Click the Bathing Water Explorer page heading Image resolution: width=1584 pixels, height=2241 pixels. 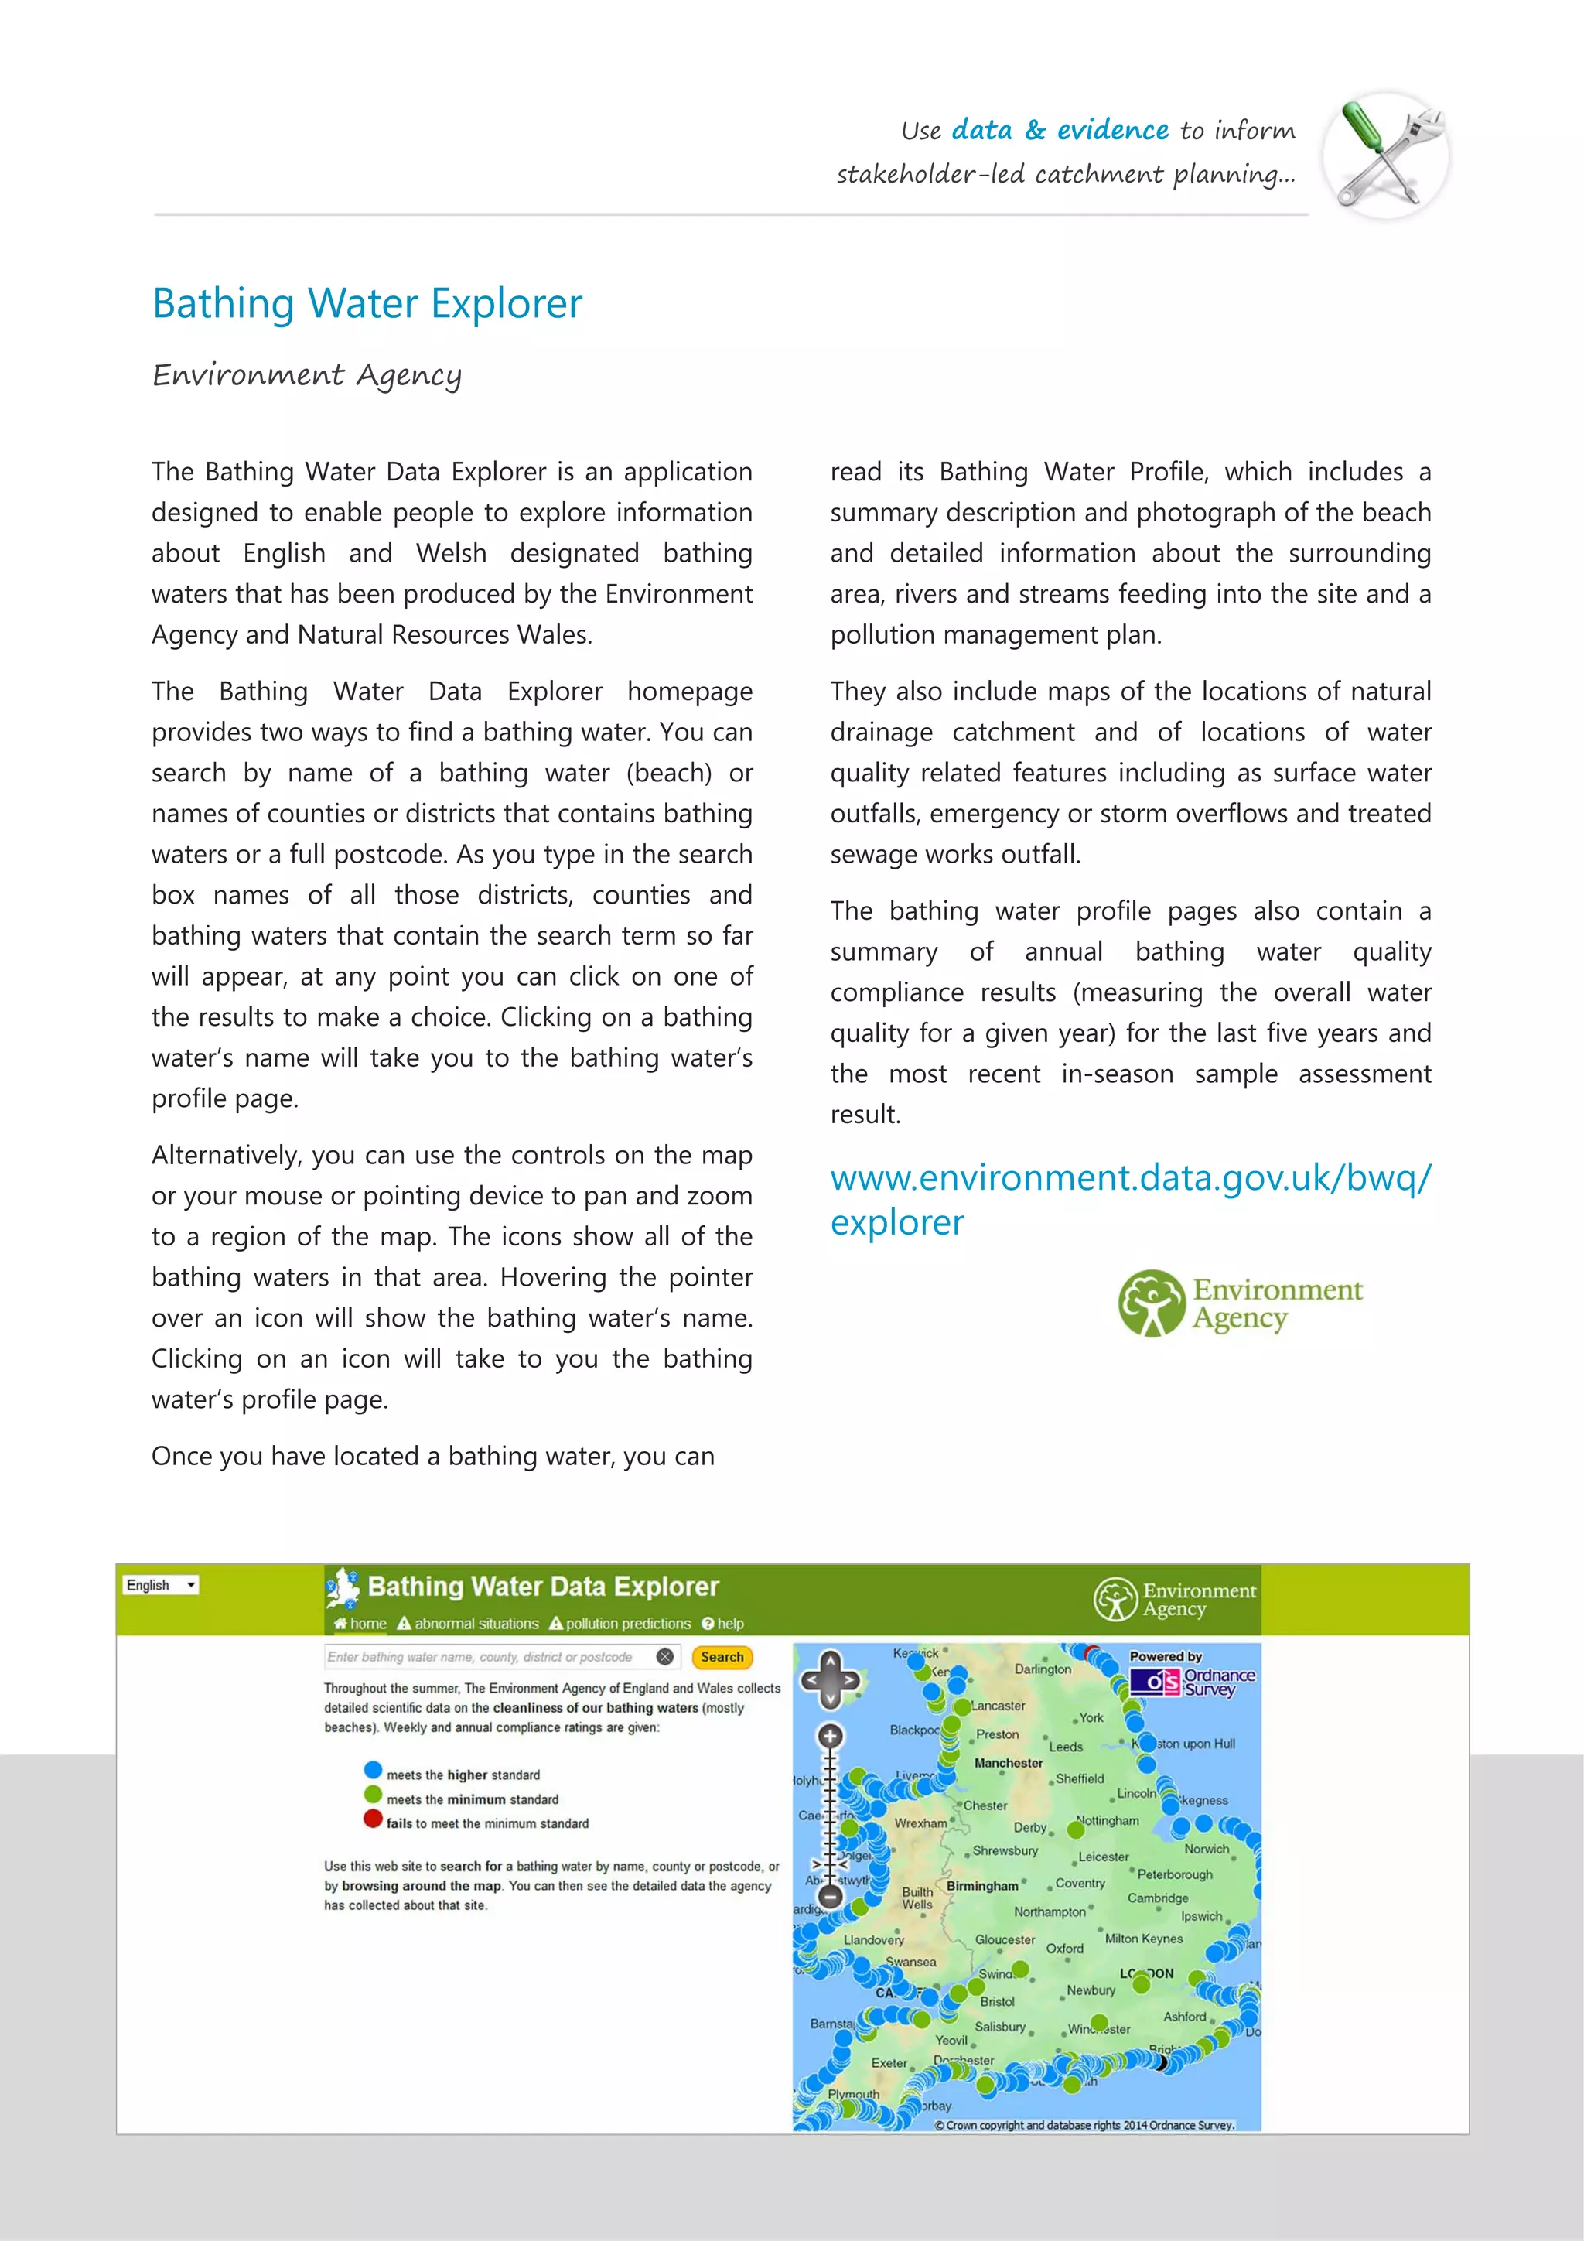367,303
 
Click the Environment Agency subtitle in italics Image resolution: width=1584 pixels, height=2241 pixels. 306,375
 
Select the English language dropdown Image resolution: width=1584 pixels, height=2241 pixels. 161,1585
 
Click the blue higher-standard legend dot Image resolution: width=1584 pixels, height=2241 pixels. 372,1770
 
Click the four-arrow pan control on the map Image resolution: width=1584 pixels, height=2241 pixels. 830,1679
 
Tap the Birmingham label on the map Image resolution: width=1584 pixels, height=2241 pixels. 981,1886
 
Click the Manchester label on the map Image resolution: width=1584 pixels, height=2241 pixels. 1009,1763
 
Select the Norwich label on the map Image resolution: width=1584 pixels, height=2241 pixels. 1207,1849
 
